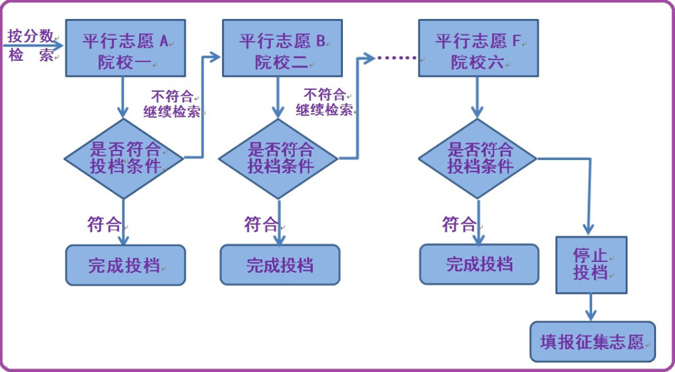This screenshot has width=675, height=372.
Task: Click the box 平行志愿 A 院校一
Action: point(126,48)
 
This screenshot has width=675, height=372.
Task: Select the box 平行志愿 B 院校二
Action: point(282,48)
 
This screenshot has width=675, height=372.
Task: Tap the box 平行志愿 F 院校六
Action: point(479,48)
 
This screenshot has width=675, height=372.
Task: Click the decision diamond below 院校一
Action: point(124,159)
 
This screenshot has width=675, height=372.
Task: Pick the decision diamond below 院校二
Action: point(279,159)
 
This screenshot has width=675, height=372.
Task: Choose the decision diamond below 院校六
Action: point(478,159)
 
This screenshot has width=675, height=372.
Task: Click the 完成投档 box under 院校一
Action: point(126,265)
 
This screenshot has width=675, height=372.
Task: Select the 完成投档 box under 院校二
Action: point(280,265)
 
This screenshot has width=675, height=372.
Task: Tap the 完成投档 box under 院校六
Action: point(479,265)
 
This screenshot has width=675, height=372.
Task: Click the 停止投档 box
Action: point(591,265)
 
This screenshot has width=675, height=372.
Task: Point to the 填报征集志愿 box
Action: point(593,342)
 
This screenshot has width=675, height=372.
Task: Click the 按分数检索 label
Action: point(31,46)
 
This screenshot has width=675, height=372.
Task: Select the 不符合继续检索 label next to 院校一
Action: point(172,104)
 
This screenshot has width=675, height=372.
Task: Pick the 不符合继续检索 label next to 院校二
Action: point(325,102)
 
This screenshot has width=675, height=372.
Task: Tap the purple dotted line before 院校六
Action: point(396,57)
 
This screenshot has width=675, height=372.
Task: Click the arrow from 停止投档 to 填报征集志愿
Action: point(591,307)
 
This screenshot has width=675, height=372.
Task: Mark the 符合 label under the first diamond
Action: point(105,224)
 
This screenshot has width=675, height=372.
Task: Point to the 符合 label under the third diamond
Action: point(459,224)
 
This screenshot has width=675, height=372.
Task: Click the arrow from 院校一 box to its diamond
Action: point(123,97)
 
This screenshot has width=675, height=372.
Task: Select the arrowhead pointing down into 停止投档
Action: point(589,229)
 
